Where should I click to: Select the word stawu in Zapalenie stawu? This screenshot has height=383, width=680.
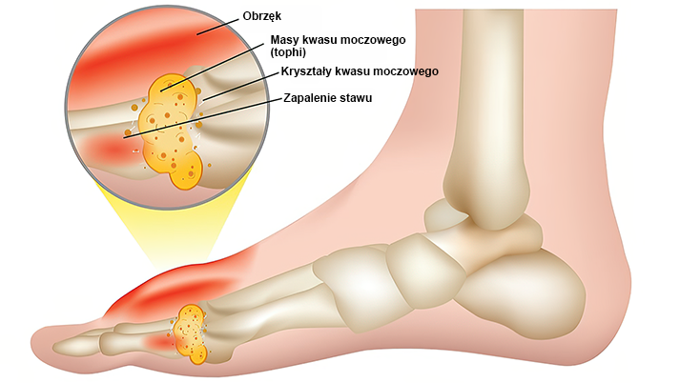click(x=354, y=97)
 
